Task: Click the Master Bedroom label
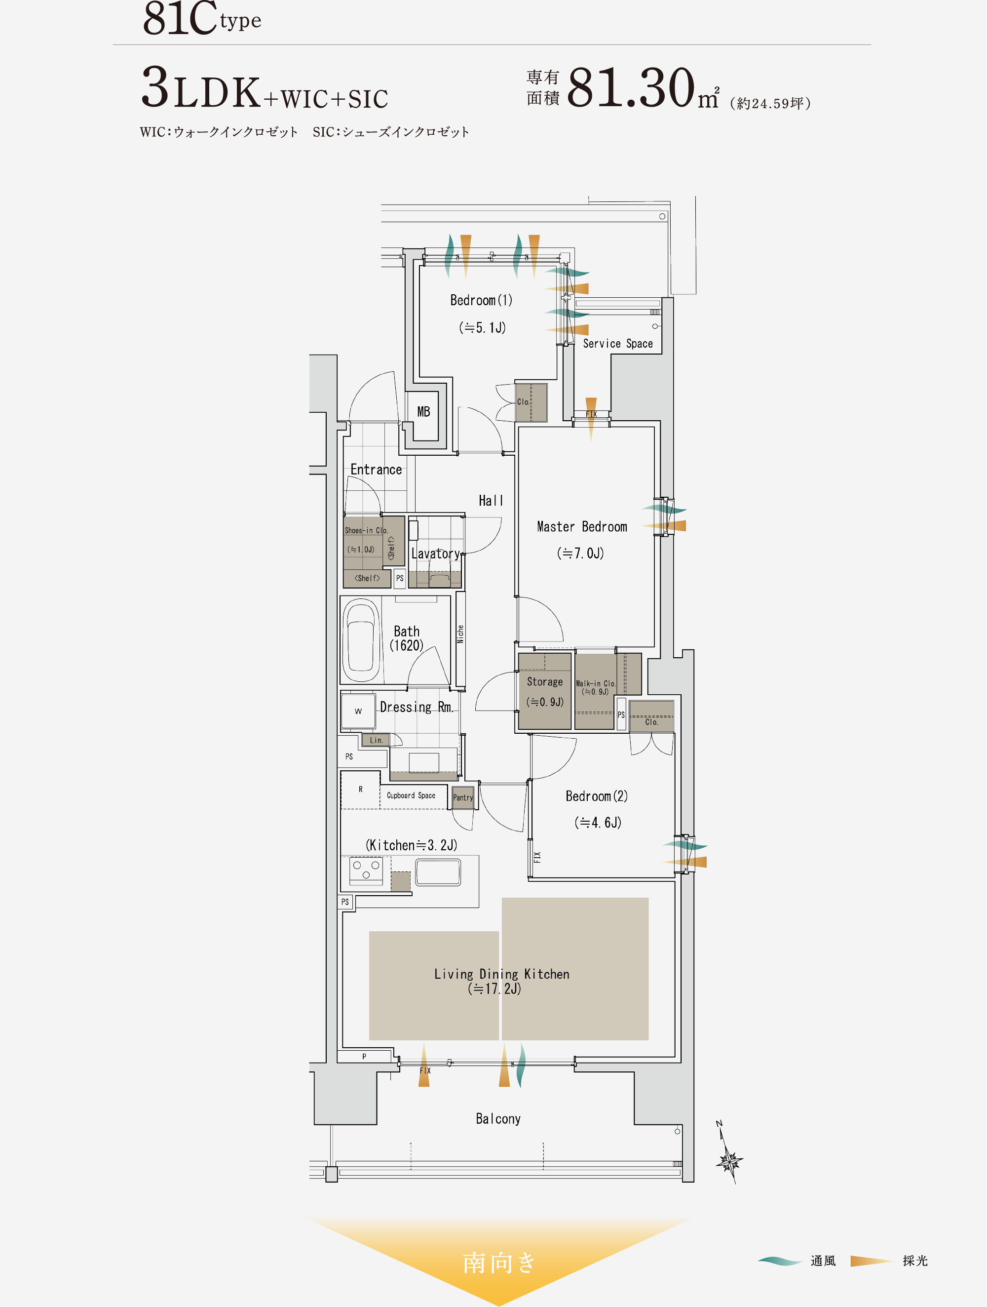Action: [x=582, y=526]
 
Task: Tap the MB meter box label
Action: [x=423, y=412]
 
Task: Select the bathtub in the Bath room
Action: [x=360, y=640]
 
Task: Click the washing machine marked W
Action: [x=358, y=711]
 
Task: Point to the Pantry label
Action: [x=463, y=797]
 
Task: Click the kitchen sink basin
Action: [x=438, y=872]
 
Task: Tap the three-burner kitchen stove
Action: [x=366, y=871]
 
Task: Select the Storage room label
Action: [x=545, y=682]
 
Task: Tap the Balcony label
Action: [x=498, y=1118]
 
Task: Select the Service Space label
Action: [x=618, y=343]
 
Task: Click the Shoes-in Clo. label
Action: [x=366, y=531]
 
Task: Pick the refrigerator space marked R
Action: [x=360, y=790]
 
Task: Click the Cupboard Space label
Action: [x=411, y=795]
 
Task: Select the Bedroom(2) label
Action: [x=597, y=796]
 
